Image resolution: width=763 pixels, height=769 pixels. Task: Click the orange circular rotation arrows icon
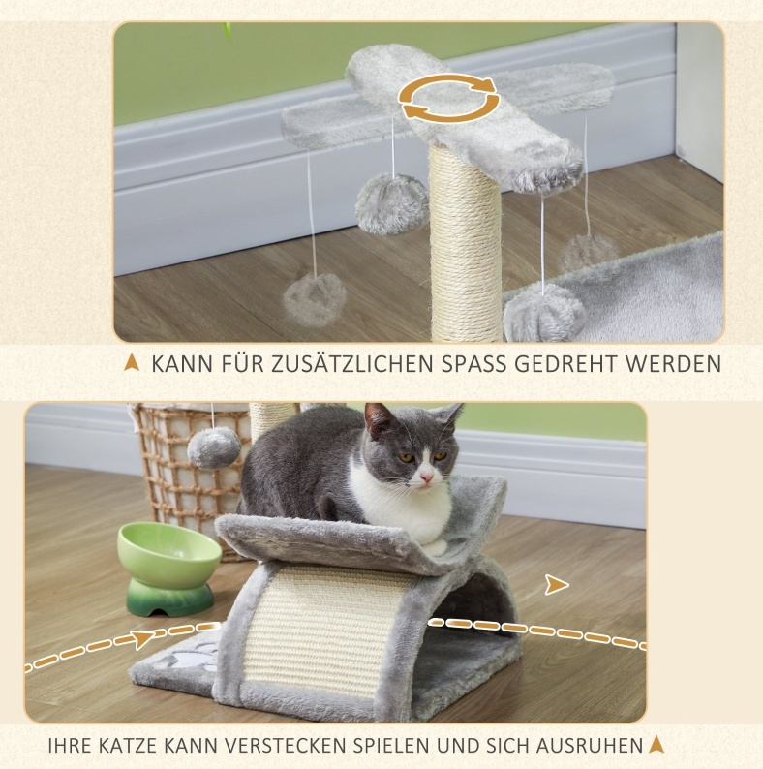(448, 100)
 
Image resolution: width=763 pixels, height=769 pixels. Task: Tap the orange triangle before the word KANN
(132, 363)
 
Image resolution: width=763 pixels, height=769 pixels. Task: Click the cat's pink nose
(427, 477)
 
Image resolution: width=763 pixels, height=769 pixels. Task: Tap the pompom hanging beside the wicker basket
(214, 446)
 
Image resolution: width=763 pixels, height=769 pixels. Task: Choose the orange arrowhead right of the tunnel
(557, 585)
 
